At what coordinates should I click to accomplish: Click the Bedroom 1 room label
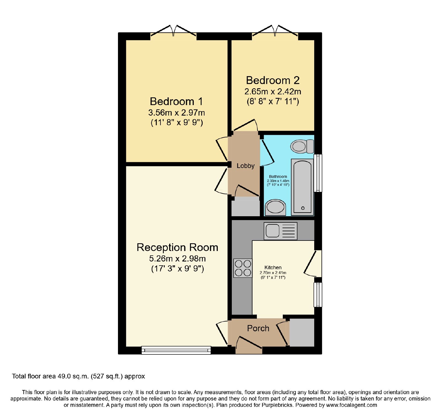176,102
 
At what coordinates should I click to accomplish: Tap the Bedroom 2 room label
273,80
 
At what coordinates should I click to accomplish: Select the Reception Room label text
177,247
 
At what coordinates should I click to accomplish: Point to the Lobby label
246,166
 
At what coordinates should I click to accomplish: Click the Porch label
258,328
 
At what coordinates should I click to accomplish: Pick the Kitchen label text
273,267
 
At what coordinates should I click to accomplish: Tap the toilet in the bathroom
302,146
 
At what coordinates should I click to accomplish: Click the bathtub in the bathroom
302,187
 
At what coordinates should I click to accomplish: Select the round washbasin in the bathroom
275,207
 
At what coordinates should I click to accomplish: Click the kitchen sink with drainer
280,231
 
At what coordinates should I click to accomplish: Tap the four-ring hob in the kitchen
243,268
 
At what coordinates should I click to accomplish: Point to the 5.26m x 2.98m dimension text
177,259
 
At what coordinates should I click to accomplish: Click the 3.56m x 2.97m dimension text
176,113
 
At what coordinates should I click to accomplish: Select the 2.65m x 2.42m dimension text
273,91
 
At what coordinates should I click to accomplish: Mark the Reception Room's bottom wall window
176,350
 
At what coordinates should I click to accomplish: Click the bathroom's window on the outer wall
318,173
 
